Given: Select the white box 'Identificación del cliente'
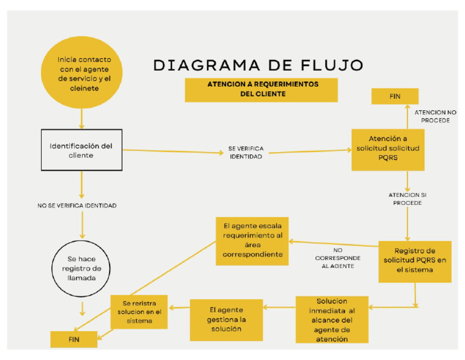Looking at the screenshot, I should coord(81,150).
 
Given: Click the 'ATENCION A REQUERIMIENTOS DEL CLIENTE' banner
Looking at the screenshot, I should coord(261,90).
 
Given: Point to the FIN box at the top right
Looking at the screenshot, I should coord(394,96).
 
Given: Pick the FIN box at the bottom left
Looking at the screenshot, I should coord(73,339).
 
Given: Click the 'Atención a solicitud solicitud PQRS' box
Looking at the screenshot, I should coord(387,148).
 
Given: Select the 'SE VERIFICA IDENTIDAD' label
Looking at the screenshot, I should coord(246,152).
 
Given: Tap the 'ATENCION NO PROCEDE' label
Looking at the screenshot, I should coord(435,116).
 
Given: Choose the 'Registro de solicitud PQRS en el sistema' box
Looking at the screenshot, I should coord(414,261).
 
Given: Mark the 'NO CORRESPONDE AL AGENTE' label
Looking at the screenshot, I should coord(338,258).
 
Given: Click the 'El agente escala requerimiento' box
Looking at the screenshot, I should coord(252,241).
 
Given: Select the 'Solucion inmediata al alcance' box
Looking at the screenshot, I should coord(332,319).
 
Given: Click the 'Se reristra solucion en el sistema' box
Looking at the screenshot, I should coord(139,312).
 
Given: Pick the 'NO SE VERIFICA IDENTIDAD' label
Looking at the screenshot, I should coord(77,206).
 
